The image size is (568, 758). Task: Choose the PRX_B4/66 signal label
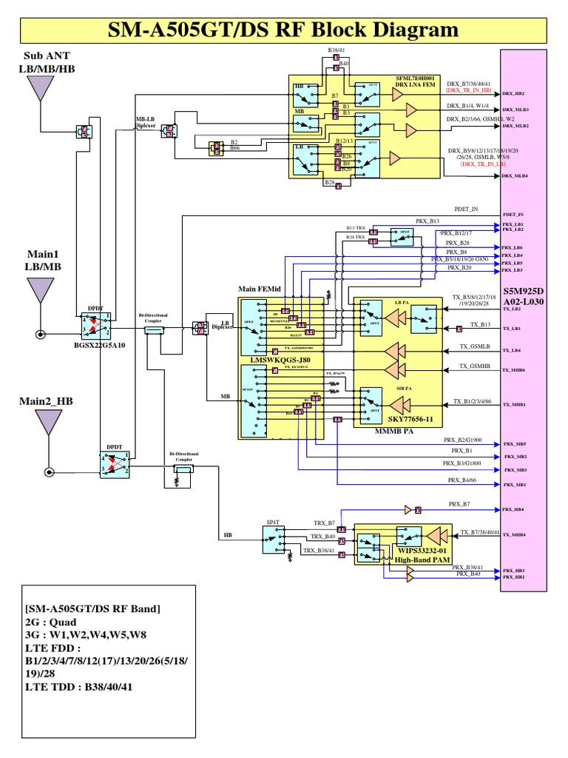pos(463,480)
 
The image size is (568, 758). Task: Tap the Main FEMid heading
pos(258,288)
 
